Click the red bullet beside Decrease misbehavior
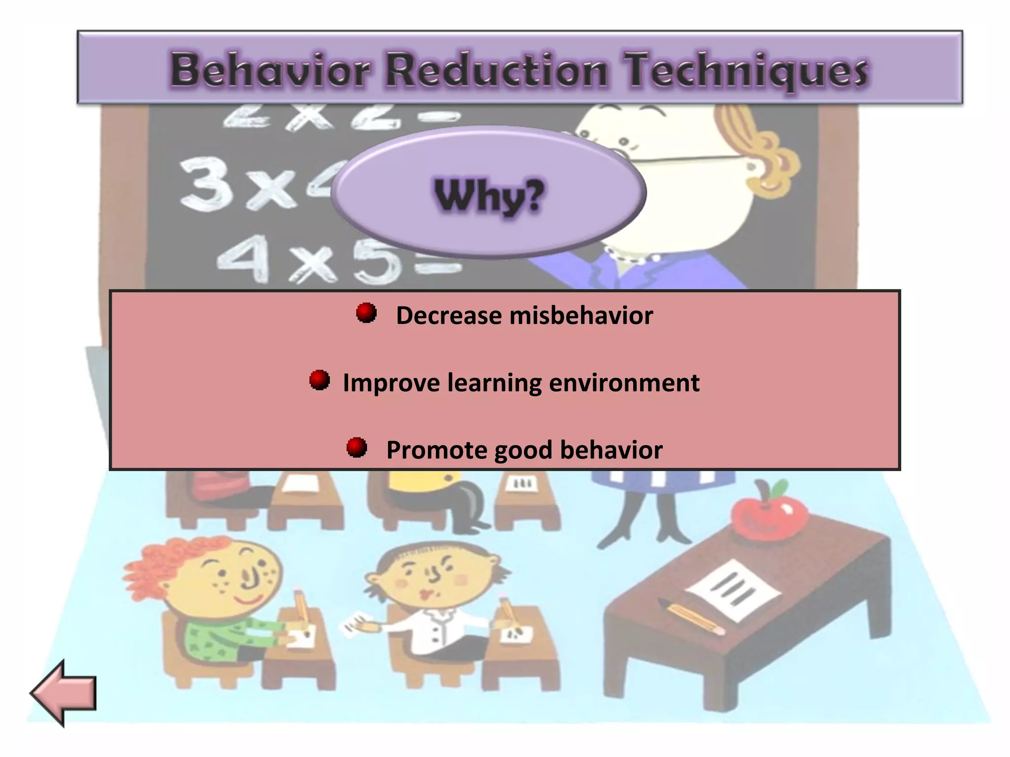pyautogui.click(x=366, y=313)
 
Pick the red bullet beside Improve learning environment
pyautogui.click(x=320, y=380)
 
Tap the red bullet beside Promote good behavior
pyautogui.click(x=357, y=447)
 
